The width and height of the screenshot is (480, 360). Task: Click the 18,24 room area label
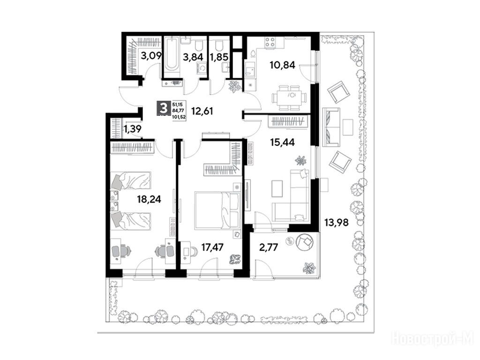(x=149, y=200)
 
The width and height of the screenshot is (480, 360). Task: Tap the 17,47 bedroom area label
(x=213, y=247)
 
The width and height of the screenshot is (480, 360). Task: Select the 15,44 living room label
(x=282, y=142)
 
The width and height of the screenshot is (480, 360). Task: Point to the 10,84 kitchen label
(x=282, y=65)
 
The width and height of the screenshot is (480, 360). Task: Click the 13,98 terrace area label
(x=337, y=222)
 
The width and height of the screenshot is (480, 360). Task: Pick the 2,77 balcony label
(x=269, y=247)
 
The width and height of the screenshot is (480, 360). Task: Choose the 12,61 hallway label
(x=202, y=111)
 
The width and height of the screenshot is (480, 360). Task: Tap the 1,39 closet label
(x=133, y=129)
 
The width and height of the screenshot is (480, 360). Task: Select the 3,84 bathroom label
(x=193, y=57)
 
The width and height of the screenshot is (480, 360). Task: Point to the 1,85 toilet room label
(x=220, y=57)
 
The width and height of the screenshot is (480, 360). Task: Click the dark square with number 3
(x=164, y=108)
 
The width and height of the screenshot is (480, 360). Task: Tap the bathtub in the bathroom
(x=171, y=57)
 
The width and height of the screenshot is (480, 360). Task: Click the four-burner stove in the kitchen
(x=270, y=42)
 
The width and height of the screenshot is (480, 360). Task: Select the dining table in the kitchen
(x=289, y=97)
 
